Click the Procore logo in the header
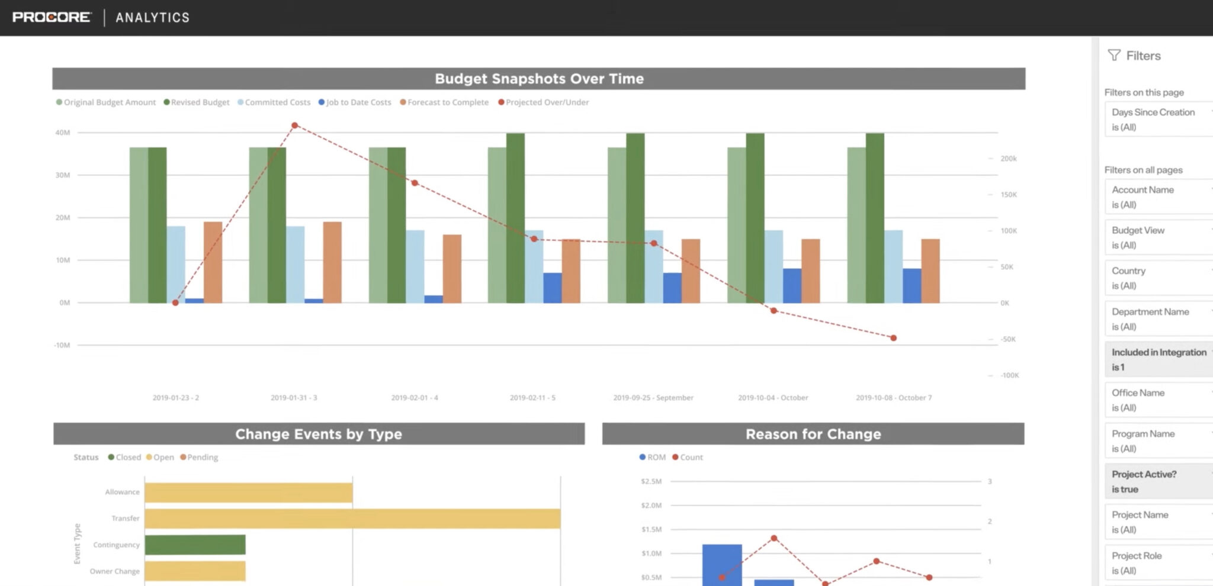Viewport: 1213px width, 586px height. (x=52, y=17)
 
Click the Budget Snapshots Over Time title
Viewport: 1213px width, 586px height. (x=538, y=79)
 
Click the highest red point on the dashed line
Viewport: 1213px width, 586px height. (x=294, y=125)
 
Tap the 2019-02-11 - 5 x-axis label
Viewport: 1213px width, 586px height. (x=532, y=398)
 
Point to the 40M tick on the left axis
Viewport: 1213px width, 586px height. (x=62, y=133)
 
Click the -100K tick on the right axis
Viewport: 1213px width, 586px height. (x=1009, y=375)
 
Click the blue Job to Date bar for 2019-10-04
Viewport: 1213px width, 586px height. (x=792, y=286)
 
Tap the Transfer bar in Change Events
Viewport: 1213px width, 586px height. (x=352, y=519)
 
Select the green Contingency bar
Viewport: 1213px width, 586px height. (x=195, y=545)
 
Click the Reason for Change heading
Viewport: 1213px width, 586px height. (x=813, y=434)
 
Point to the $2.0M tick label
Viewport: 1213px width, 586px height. (x=651, y=505)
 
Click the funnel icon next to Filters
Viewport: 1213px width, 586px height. (x=1113, y=55)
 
